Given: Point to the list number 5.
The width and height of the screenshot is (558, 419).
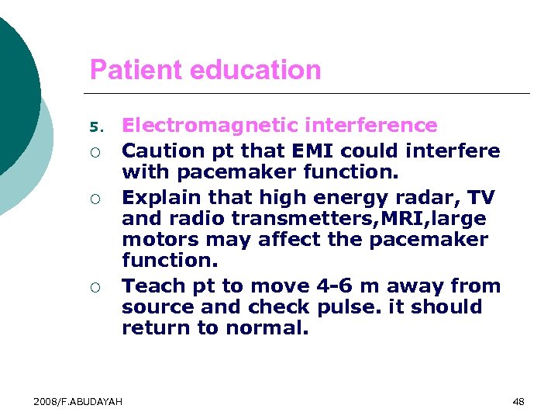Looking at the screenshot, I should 95,126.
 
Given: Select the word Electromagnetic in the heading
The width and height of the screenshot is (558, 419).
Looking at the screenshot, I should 212,126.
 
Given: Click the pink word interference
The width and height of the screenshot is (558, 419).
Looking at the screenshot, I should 372,126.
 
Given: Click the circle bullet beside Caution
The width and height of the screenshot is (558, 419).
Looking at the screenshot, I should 95,151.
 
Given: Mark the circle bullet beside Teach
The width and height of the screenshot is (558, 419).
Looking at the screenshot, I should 95,288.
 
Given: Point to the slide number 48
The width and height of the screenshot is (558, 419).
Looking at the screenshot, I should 518,401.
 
